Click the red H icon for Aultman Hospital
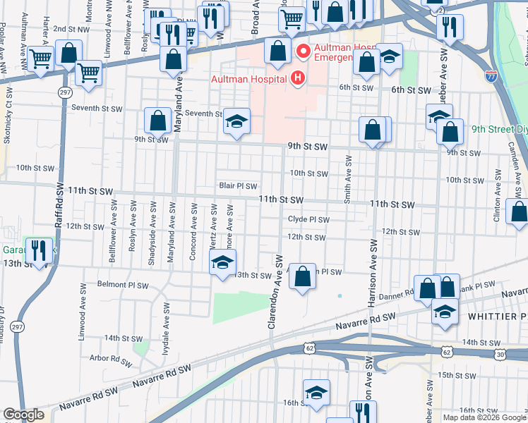[x=298, y=78]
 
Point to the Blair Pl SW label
[x=237, y=187]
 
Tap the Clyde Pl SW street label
[x=308, y=219]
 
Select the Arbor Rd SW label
[x=109, y=358]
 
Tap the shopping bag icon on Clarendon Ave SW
[x=302, y=276]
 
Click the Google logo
[x=23, y=415]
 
